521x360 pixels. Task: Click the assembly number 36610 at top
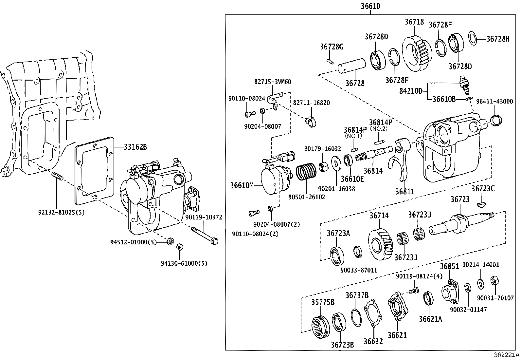pos(370,6)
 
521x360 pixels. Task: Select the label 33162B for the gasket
pos(135,147)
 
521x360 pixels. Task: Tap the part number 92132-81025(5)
pos(61,212)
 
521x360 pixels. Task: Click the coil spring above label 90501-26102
pos(306,173)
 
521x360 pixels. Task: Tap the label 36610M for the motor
pos(242,186)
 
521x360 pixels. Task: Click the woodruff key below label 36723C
pos(482,205)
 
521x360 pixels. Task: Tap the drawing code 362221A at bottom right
pos(507,355)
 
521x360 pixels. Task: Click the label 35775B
pos(323,302)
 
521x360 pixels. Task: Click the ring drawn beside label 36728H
pos(473,38)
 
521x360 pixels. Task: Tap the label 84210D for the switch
pos(411,91)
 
